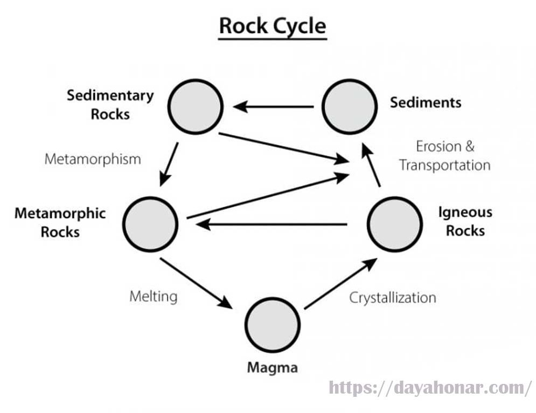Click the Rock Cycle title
272,26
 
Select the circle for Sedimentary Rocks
195,106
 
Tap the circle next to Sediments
349,106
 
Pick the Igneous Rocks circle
394,223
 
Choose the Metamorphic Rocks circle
150,223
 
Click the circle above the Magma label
272,325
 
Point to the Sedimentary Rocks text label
110,104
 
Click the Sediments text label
426,102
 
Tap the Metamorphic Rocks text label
60,222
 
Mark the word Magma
272,368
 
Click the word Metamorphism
92,159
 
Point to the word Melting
153,296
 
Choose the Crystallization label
393,297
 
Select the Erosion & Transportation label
445,156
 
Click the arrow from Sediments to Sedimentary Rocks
273,107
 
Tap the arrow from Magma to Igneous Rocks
340,283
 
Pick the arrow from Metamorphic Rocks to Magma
197,283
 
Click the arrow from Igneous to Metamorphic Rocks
272,223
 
